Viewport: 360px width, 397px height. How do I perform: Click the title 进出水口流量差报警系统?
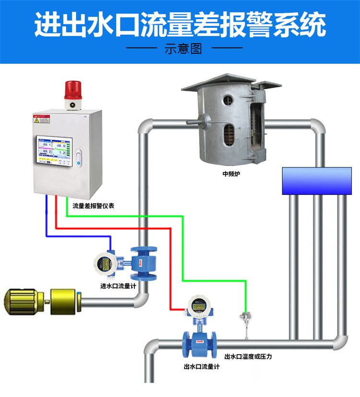point(180,25)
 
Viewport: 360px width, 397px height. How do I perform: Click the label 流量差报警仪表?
point(93,205)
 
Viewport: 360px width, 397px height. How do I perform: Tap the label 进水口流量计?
point(118,287)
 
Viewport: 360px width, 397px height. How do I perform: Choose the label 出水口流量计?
point(201,367)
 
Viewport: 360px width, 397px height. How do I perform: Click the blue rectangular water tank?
point(317,180)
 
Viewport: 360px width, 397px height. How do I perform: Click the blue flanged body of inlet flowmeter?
point(144,262)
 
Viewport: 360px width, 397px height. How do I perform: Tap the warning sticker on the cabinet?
point(41,119)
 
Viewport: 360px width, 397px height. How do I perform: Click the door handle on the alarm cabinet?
point(79,156)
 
